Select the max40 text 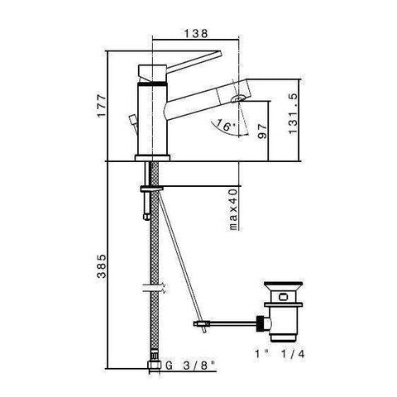pos(234,211)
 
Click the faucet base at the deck pos(151,157)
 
